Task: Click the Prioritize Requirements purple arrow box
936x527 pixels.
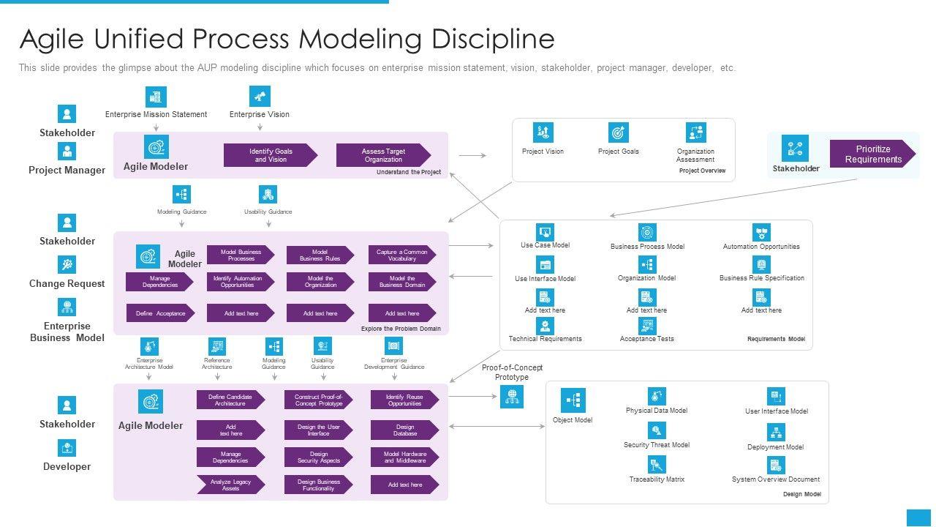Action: (872, 154)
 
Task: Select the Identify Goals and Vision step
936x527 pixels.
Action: (270, 155)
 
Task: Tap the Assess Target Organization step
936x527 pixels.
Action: (382, 155)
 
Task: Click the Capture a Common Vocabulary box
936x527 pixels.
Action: (401, 255)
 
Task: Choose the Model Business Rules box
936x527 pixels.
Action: (320, 255)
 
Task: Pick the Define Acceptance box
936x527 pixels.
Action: (160, 313)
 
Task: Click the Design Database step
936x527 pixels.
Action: (404, 430)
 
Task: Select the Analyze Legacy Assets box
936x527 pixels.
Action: (230, 485)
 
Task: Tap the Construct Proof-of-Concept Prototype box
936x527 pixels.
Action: (318, 400)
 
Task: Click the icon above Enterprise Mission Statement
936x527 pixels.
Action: (156, 97)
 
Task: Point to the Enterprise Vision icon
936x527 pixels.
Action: (260, 97)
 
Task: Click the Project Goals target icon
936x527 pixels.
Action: (619, 132)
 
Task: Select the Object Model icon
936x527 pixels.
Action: (573, 400)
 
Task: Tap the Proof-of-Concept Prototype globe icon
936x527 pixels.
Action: (512, 397)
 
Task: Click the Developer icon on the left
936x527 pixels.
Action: (67, 448)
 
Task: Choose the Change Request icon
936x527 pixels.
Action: (67, 265)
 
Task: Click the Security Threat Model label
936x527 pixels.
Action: (656, 445)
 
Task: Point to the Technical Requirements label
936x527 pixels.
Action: (545, 339)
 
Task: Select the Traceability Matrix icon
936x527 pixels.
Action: (657, 464)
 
